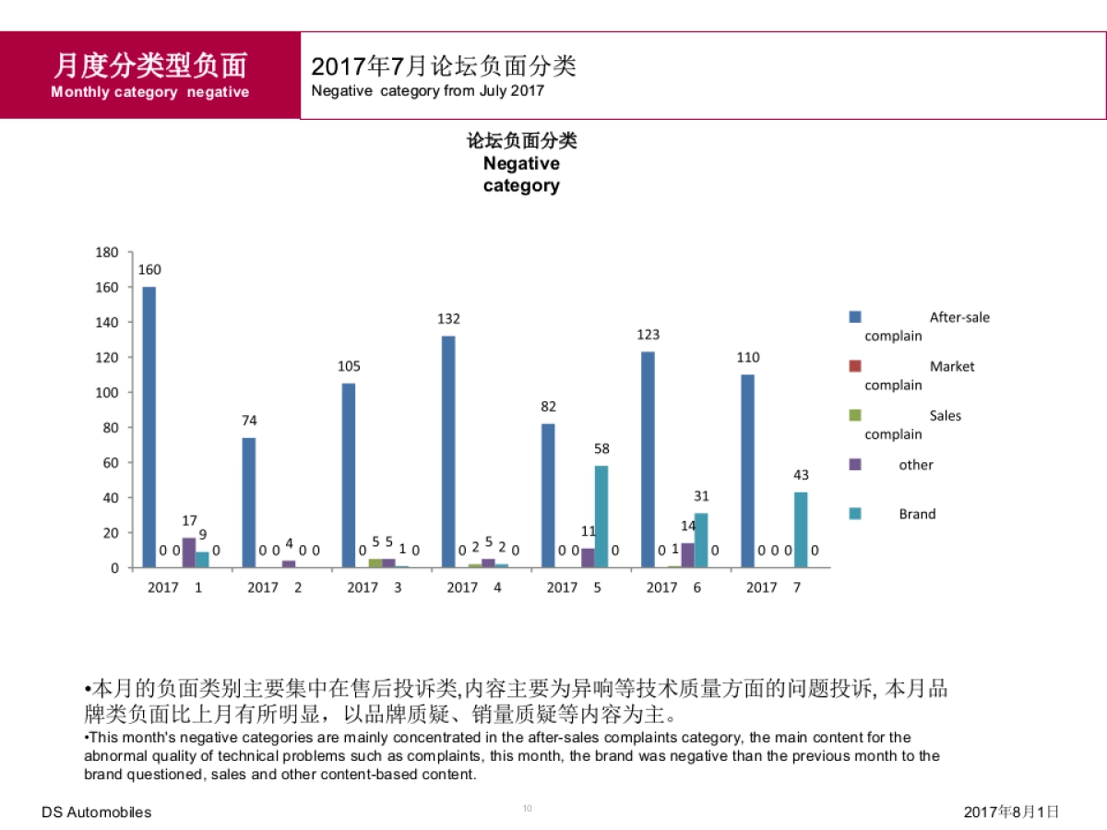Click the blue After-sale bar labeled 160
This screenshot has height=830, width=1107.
149,427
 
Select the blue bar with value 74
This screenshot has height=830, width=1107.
249,503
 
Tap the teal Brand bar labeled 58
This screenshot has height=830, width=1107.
601,516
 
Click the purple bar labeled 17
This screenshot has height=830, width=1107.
189,552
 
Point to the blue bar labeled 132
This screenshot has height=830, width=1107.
448,452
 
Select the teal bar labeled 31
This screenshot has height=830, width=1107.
701,539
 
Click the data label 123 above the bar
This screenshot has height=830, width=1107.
648,335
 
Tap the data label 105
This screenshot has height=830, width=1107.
349,366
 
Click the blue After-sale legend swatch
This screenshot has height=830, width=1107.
855,317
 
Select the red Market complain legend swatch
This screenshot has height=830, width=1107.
855,366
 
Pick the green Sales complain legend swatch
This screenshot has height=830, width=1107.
855,416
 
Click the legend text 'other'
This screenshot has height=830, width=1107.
916,465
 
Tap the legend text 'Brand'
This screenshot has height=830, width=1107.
917,515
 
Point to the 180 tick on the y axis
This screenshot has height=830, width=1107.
108,252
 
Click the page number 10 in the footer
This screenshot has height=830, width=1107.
528,809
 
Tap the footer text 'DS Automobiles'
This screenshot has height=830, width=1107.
97,812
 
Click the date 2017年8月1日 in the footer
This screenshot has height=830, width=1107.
1011,812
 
